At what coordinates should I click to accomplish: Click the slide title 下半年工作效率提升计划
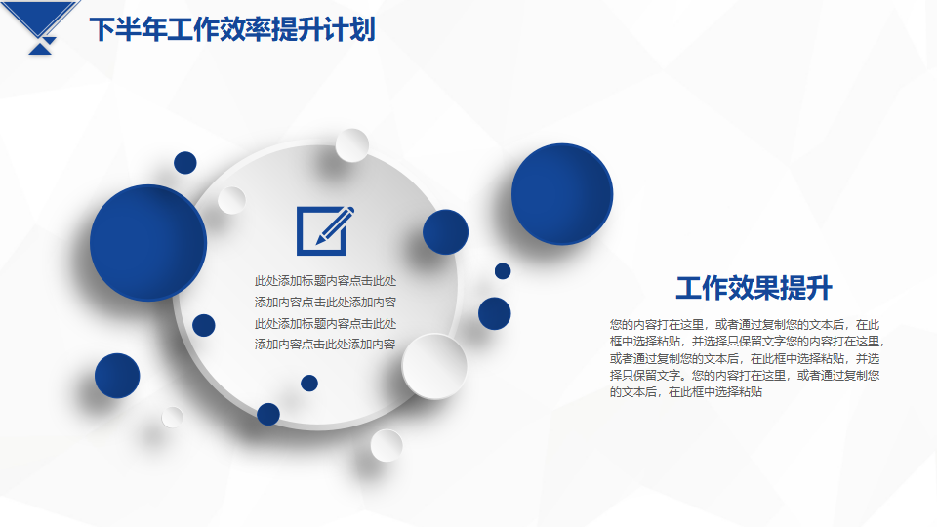[232, 29]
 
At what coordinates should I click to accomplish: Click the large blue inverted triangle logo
[41, 18]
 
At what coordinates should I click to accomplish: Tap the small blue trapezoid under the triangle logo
[41, 49]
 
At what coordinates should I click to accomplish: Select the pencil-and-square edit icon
[326, 230]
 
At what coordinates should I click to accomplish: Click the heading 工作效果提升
[754, 288]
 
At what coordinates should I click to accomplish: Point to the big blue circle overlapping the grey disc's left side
[148, 243]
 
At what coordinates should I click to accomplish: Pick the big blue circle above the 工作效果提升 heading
[562, 194]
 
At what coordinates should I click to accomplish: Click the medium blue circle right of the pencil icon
[445, 232]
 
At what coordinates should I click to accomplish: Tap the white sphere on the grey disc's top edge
[352, 145]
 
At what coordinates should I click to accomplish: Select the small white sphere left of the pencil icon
[231, 200]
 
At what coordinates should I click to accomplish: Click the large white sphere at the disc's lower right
[434, 366]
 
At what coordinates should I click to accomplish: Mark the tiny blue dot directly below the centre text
[309, 383]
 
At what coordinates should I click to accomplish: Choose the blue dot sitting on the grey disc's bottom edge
[268, 414]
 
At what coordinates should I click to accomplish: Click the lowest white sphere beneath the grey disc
[387, 445]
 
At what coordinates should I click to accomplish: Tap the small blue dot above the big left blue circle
[185, 163]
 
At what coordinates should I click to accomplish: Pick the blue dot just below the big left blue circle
[204, 325]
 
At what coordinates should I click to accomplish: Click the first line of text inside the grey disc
[325, 281]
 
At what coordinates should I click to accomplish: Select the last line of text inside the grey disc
[325, 345]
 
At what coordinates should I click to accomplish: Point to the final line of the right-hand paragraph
[686, 392]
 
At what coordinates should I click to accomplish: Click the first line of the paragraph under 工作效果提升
[745, 324]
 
